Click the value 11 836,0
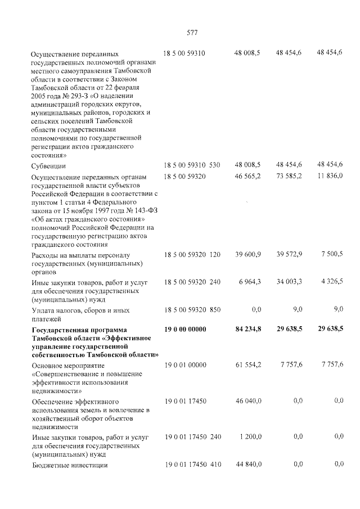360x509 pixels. (330, 176)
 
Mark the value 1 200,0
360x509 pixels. (249, 436)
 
